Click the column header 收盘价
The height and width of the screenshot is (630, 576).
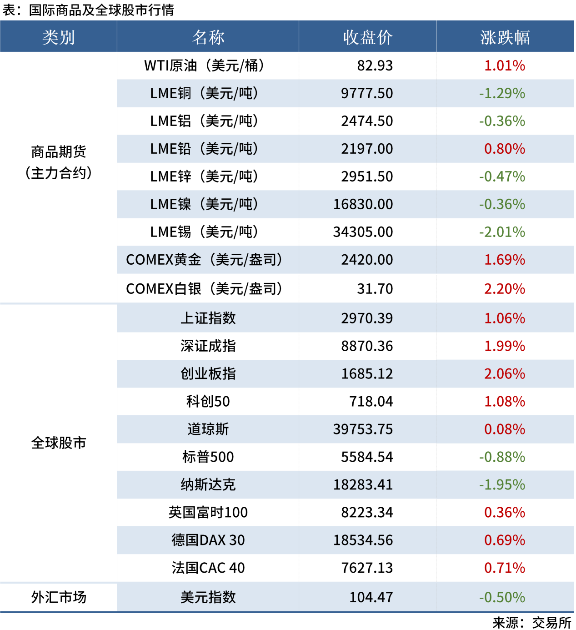367,37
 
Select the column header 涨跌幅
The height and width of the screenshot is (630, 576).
505,37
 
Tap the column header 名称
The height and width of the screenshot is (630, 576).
208,37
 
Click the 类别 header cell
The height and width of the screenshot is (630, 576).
59,37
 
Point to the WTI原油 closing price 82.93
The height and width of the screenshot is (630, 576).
375,66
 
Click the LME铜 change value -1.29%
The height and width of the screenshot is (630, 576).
502,94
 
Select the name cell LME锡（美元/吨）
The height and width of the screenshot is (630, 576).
204,232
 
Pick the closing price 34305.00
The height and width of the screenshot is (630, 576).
363,232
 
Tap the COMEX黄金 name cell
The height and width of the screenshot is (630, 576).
204,260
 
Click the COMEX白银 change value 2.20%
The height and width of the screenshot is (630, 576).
505,289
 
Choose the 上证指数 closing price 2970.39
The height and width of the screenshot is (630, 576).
367,318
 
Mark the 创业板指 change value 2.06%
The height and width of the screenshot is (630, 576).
505,374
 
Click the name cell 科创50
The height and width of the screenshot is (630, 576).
208,402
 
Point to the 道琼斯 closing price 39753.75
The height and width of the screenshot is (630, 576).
363,429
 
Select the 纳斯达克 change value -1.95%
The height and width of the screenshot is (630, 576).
502,485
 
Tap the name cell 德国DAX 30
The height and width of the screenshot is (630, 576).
208,540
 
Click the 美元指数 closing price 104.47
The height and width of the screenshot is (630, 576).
371,597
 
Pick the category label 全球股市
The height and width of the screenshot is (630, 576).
59,443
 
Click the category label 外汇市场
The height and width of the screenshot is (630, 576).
59,597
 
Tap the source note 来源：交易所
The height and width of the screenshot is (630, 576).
531,622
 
